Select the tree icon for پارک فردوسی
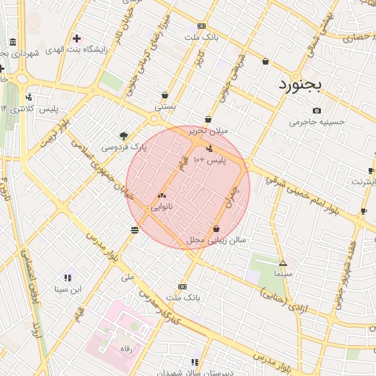click(123, 135)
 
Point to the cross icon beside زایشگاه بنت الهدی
click(76, 37)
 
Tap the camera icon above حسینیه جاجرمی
click(317, 110)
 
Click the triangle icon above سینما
click(283, 263)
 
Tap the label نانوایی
click(162, 207)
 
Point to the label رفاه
click(125, 350)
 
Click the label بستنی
click(164, 106)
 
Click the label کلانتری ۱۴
click(15, 109)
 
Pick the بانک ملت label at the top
click(201, 36)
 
